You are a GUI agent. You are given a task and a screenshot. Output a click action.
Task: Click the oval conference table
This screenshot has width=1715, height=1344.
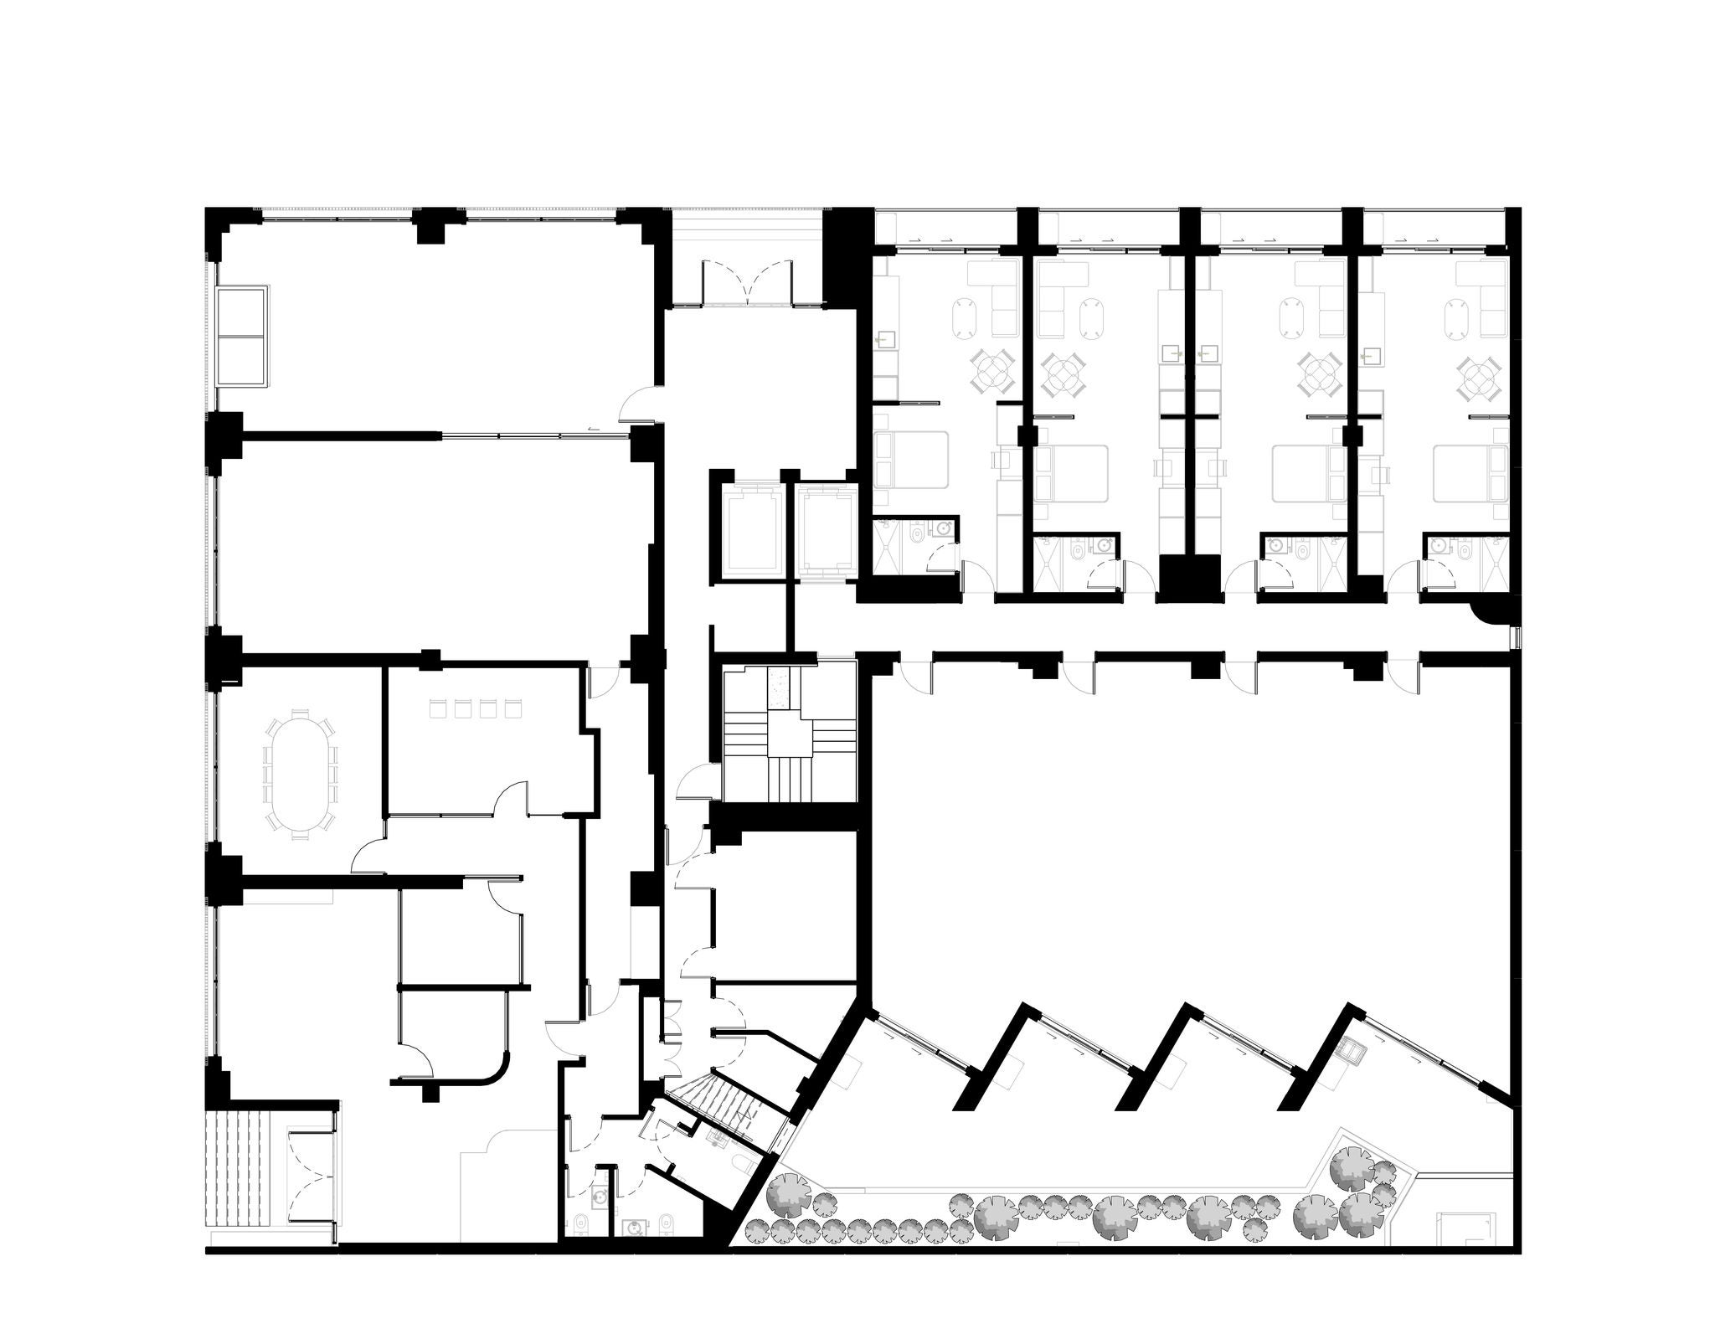tap(300, 770)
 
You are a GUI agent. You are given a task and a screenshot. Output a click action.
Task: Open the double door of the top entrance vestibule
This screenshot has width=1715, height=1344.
tap(748, 282)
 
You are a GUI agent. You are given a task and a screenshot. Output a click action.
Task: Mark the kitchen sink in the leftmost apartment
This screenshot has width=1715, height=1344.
tap(886, 340)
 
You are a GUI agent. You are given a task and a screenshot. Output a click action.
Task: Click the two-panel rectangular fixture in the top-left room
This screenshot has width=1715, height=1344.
tap(243, 336)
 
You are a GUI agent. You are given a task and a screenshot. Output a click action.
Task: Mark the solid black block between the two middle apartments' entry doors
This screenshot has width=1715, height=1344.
tap(1187, 576)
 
